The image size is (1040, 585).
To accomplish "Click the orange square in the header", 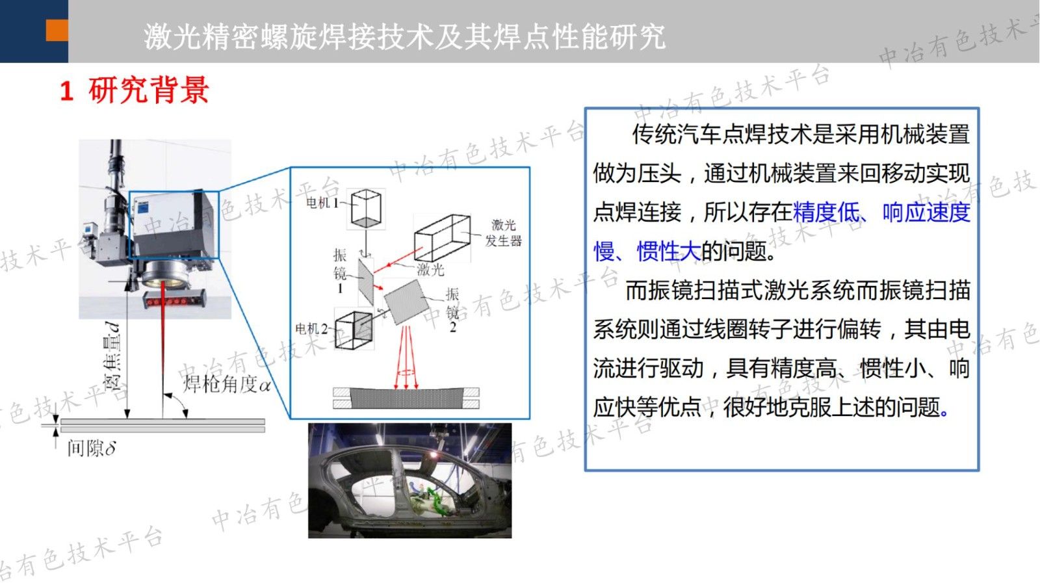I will point(57,30).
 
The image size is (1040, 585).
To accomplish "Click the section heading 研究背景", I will point(148,90).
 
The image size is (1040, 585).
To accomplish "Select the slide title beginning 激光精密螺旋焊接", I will point(404,36).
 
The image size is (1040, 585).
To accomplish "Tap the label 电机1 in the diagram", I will point(322,203).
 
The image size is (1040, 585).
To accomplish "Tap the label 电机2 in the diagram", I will point(311,328).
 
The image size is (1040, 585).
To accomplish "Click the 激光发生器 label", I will point(503,233).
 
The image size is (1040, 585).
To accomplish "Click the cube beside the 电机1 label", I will point(366,208).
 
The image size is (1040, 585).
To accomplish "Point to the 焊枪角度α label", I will point(226,384).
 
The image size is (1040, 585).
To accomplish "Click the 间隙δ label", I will point(91,448).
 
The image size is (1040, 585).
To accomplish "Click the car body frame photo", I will point(409,480).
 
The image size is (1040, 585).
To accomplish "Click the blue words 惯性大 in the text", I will point(668,251).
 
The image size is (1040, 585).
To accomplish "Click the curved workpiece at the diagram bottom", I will point(406,397).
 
